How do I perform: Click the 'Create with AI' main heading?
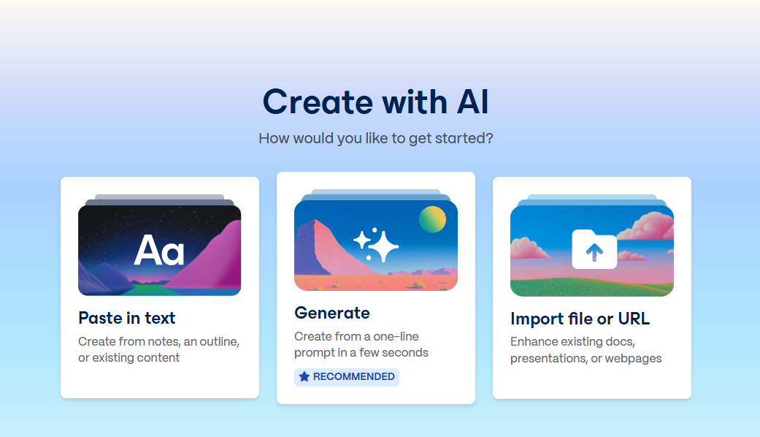coord(375,102)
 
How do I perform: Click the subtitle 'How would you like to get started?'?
coord(375,138)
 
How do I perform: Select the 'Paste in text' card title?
coord(127,318)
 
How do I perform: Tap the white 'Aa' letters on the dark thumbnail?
coord(159,251)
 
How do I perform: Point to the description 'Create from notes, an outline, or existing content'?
coord(158,349)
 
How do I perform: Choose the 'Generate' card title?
coord(332,313)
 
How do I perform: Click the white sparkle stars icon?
coord(376,245)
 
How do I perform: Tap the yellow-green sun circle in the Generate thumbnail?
coord(432,219)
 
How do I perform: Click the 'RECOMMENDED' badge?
coord(347,377)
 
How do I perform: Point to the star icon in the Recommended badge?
coord(304,377)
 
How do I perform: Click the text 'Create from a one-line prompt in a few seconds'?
coord(361,344)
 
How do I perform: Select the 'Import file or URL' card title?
coord(580,319)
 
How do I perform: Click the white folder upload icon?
coord(594,249)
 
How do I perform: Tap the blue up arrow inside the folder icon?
coord(594,252)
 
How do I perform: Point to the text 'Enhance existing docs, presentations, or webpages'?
coord(586,350)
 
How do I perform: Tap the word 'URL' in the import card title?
coord(632,319)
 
